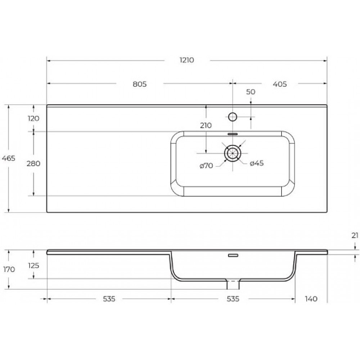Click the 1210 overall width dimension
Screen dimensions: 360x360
[186, 60]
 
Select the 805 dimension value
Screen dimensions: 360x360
[140, 84]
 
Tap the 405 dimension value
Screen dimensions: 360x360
[280, 84]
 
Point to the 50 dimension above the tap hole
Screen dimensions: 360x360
[251, 92]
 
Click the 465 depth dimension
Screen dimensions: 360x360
[9, 158]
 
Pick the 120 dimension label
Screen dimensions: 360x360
[33, 118]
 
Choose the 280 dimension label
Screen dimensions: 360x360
[33, 164]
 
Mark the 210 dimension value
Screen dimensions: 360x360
[206, 126]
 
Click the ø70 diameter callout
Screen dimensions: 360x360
[206, 166]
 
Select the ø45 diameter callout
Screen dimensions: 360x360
[257, 163]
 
